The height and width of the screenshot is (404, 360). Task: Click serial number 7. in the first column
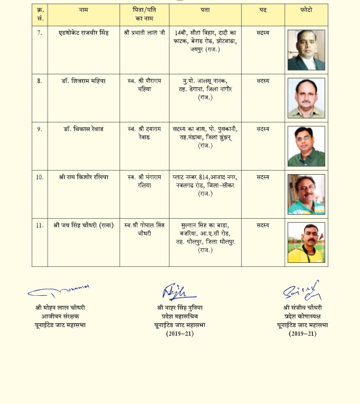tap(39, 32)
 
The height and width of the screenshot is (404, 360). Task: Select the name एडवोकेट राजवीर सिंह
tap(84, 33)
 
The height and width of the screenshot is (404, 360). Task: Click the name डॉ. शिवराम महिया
tap(84, 81)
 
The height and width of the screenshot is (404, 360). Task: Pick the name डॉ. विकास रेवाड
tap(84, 129)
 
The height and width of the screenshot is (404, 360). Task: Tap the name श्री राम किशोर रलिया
tap(84, 176)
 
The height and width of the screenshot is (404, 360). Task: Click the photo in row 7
tap(306, 50)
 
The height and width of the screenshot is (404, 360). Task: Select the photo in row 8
tap(306, 98)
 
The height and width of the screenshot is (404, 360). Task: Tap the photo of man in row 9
tap(306, 146)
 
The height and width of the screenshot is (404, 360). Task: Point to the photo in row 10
tap(306, 194)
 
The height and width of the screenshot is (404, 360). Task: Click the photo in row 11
tap(306, 242)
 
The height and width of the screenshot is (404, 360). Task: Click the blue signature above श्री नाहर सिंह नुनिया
tap(175, 291)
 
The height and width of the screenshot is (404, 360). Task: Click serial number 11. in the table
tap(39, 225)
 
